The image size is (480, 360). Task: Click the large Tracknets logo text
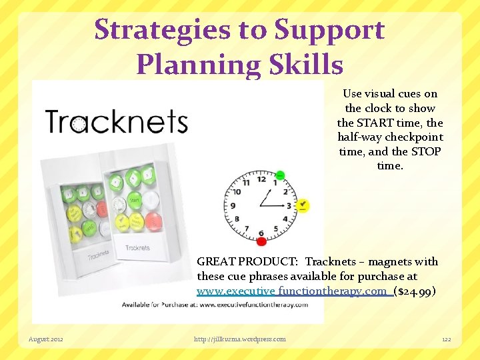(x=116, y=123)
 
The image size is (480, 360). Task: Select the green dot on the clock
(x=280, y=176)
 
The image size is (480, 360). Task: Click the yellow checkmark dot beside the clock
(x=303, y=205)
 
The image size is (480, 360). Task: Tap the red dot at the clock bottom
(x=261, y=241)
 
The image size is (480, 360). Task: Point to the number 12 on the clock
(x=261, y=179)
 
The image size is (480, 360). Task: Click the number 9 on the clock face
(x=234, y=205)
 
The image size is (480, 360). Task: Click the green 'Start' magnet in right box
(x=134, y=198)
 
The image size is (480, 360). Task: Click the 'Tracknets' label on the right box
(x=137, y=248)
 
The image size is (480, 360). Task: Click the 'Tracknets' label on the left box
(x=97, y=254)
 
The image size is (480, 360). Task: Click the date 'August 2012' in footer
(x=46, y=339)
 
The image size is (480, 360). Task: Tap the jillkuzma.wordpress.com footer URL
(x=239, y=339)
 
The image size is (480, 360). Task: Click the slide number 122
(x=446, y=339)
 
